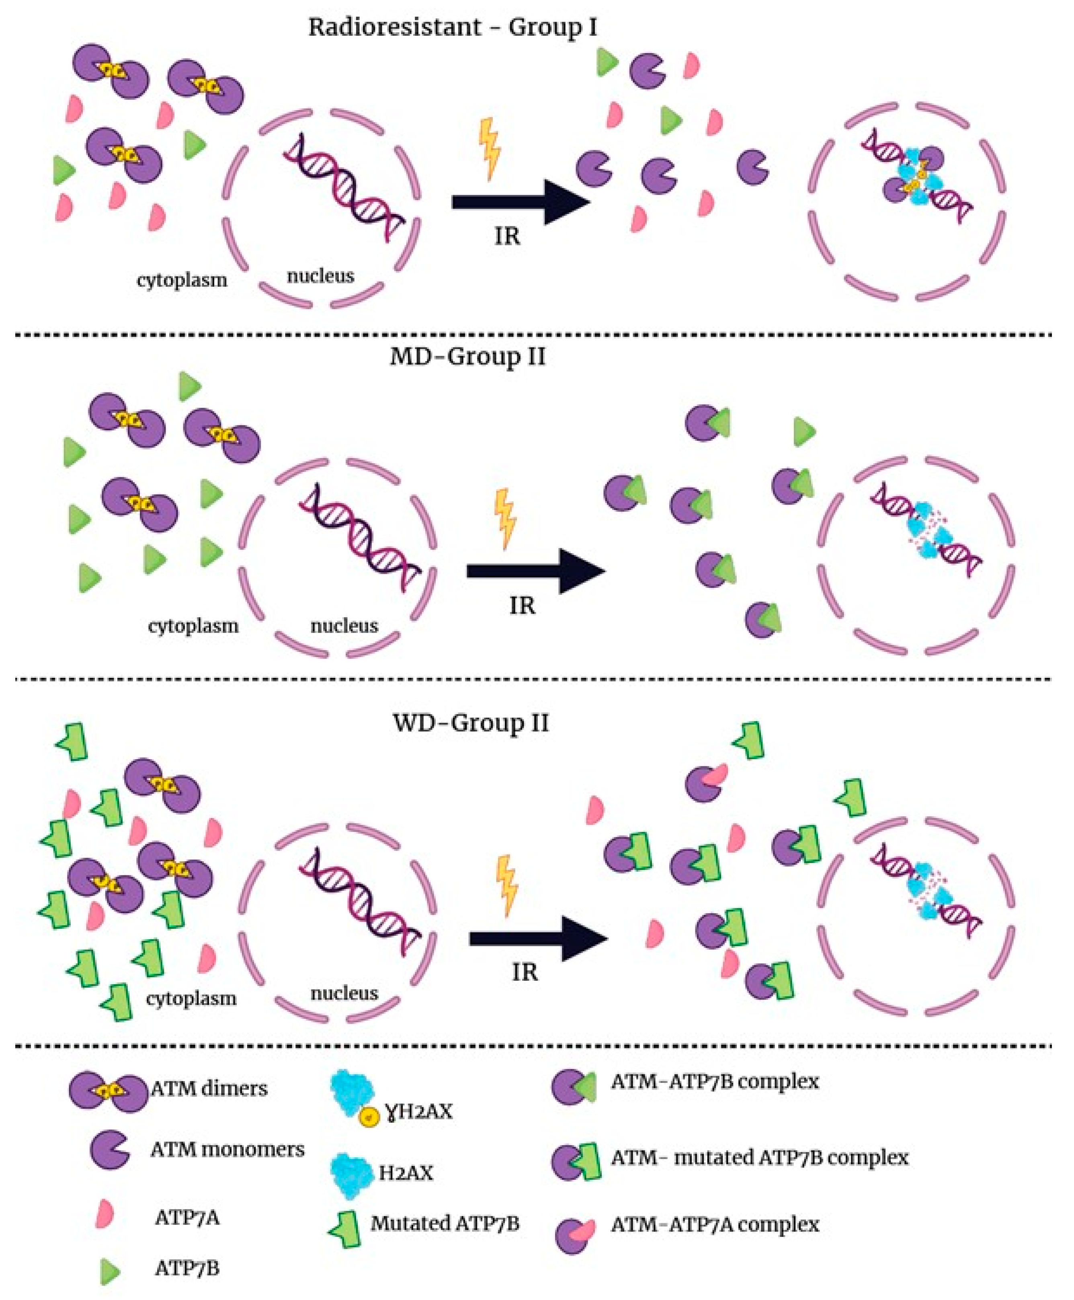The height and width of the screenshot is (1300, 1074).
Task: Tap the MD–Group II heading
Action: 468,357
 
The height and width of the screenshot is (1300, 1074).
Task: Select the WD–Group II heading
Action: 471,723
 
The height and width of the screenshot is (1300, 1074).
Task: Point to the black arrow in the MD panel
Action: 535,571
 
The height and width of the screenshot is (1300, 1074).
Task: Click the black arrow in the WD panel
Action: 537,938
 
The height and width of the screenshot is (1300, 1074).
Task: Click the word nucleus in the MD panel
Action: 344,626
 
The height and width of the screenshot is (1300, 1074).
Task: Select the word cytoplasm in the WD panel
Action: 191,998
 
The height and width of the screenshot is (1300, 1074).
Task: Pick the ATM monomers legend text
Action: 227,1150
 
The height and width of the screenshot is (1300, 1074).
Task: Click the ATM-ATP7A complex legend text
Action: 715,1224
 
